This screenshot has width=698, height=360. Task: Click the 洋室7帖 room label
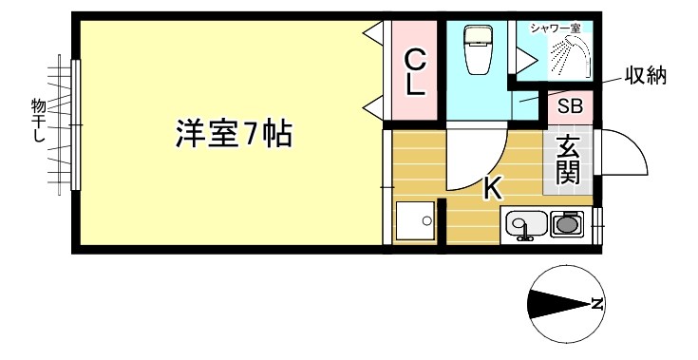pyautogui.click(x=233, y=134)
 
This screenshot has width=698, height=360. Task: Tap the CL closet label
pyautogui.click(x=415, y=72)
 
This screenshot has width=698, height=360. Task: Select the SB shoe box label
pyautogui.click(x=571, y=105)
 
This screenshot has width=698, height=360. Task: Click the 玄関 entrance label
pyautogui.click(x=568, y=159)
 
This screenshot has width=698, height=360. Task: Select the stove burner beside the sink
pyautogui.click(x=568, y=225)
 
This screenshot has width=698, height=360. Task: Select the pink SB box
pyautogui.click(x=571, y=105)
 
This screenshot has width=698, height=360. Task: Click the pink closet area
pyautogui.click(x=415, y=72)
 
